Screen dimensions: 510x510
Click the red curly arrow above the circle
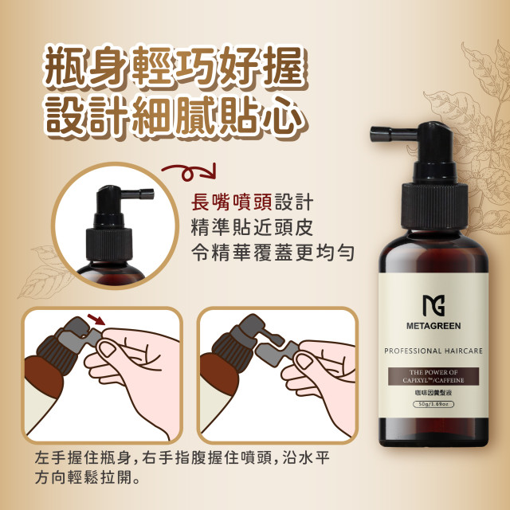(x=188, y=172)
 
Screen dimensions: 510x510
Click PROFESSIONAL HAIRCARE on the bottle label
(x=433, y=351)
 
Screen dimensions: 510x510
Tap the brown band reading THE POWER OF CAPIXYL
(x=433, y=377)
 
